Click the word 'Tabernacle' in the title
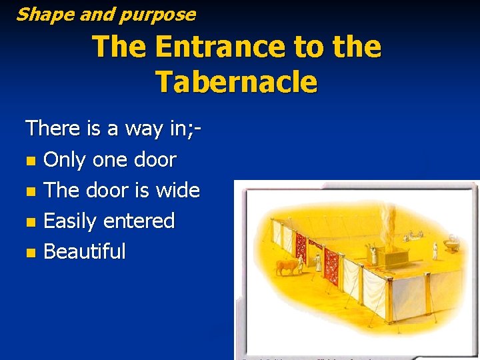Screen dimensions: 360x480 click(237, 82)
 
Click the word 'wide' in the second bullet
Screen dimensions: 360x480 click(177, 190)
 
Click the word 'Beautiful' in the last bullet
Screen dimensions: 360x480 click(85, 251)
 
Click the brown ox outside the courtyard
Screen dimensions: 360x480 click(287, 267)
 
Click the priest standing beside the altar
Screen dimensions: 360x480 click(373, 254)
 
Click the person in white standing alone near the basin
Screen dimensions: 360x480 click(434, 251)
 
